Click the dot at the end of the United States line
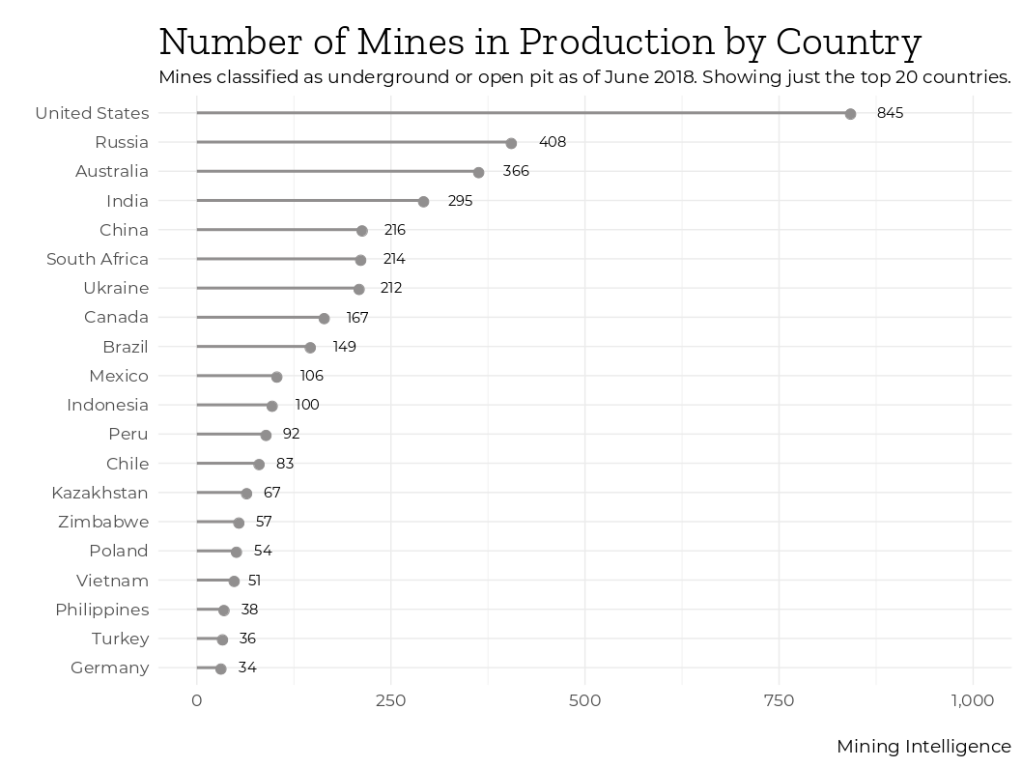pos(850,114)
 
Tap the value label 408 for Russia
pos(553,143)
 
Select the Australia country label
pos(112,172)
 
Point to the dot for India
pos(423,202)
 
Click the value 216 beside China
pos(394,231)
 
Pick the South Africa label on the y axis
pos(98,259)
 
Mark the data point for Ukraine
pos(359,289)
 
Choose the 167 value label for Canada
pos(357,318)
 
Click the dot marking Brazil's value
pos(310,348)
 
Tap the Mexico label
pos(119,376)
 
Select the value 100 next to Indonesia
pos(307,406)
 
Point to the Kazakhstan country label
pos(99,493)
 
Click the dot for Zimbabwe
pos(239,523)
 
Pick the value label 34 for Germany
pos(247,668)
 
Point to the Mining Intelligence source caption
pos(923,747)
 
